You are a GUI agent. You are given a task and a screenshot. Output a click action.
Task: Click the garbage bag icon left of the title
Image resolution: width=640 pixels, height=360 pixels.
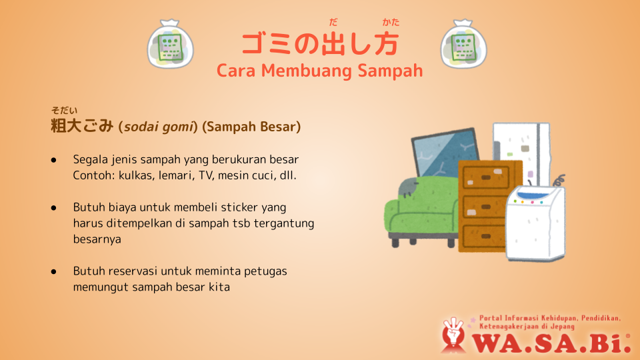pos(170,44)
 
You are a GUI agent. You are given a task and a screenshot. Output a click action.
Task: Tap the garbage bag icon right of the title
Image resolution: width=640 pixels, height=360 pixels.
pos(464,44)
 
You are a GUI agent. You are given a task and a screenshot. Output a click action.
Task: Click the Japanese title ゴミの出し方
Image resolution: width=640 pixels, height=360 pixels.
pos(320,44)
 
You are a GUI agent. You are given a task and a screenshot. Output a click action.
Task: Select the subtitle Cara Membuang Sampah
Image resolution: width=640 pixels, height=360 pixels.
pos(319,71)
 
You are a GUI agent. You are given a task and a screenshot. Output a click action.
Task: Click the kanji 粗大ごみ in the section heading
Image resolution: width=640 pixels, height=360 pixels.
pos(82,126)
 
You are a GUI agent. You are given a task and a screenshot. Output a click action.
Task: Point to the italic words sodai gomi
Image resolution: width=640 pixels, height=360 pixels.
pos(159,127)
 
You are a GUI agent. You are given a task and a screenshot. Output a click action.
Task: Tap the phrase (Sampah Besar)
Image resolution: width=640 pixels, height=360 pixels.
pos(251,127)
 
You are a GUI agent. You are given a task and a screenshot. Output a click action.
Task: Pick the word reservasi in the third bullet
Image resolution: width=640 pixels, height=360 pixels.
pos(133,271)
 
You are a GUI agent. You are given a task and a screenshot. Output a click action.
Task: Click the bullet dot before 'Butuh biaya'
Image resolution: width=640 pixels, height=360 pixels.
pos(54,208)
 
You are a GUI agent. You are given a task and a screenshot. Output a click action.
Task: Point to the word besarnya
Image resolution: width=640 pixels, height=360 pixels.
pos(97,239)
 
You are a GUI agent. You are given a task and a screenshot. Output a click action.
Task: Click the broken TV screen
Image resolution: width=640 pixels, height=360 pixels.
pos(445,153)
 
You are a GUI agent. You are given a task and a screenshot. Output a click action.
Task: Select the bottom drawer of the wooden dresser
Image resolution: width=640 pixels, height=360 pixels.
pos(485,236)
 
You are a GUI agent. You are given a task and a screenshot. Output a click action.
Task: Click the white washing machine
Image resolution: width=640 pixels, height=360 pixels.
pos(535,223)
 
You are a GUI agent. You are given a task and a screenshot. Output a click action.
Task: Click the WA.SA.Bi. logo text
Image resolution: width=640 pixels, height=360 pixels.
pos(552,343)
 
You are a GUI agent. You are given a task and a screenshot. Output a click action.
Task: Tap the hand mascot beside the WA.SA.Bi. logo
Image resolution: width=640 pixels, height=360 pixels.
pos(453,335)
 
